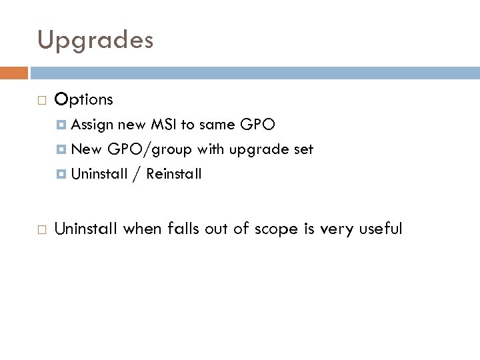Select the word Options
(85, 100)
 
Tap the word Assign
(93, 124)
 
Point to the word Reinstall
(174, 174)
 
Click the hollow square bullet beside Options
(42, 101)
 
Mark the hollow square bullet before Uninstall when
(42, 229)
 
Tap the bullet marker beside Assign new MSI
(63, 125)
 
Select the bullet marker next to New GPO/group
(63, 149)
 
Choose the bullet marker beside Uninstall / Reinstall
(63, 174)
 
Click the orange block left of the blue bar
(14, 73)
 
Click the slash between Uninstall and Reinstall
(137, 175)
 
